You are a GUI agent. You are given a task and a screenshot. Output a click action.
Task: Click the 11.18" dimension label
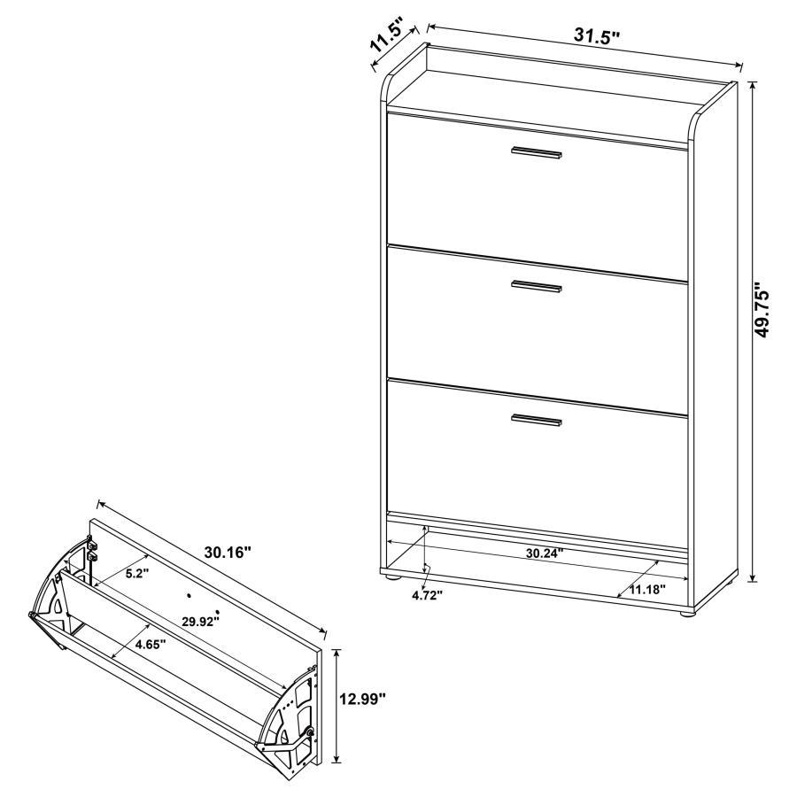click(x=647, y=588)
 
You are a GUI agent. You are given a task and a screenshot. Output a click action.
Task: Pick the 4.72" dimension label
click(x=427, y=595)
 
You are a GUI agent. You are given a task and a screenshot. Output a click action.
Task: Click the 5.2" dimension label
click(x=135, y=573)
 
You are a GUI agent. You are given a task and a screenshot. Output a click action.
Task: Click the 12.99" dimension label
click(x=363, y=700)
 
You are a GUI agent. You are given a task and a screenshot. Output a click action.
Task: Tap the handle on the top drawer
click(x=536, y=154)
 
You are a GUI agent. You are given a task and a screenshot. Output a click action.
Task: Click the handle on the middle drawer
click(x=537, y=286)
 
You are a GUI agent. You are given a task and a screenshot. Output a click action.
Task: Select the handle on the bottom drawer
click(x=537, y=421)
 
